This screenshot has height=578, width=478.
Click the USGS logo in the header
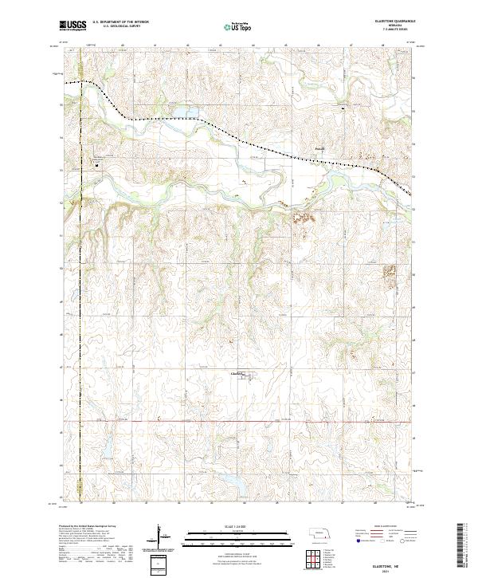(x=72, y=26)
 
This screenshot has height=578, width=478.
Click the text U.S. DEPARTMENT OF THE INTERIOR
(x=120, y=23)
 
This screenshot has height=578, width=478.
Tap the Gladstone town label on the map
(x=237, y=372)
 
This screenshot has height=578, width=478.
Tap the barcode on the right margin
(x=461, y=546)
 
